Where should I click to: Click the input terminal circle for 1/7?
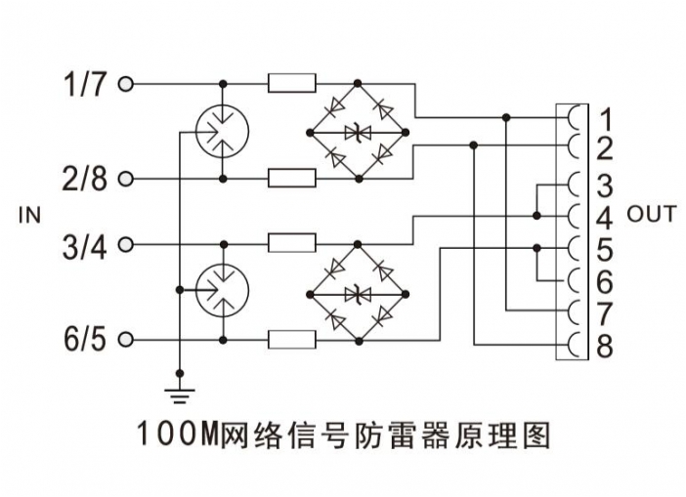pos(125,85)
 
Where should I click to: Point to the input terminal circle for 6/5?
pos(125,339)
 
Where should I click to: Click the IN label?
pos(30,214)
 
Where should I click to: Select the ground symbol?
pos(180,393)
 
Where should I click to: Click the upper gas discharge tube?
pos(222,131)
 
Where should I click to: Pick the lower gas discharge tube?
pos(222,290)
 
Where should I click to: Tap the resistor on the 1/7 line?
pos(291,85)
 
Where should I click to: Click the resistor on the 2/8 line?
pos(291,179)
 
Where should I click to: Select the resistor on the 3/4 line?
pos(291,242)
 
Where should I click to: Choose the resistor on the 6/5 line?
pos(291,339)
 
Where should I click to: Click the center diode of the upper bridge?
pos(359,131)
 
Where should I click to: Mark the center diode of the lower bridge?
pos(359,291)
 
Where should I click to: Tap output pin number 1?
pos(605,120)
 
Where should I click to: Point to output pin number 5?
pos(605,249)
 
